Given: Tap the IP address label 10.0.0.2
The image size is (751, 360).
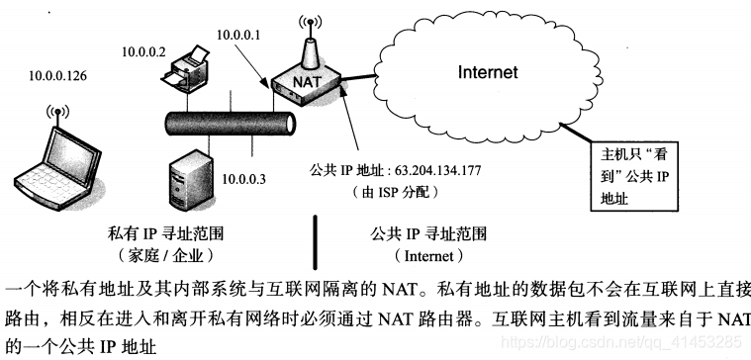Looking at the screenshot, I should point(143,50).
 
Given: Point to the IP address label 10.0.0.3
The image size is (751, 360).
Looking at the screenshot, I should point(244,179).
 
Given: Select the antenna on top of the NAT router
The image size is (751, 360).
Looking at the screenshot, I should point(309,38).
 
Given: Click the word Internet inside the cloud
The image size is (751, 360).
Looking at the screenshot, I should point(487,72).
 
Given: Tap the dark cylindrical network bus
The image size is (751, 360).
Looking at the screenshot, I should point(229,125).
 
